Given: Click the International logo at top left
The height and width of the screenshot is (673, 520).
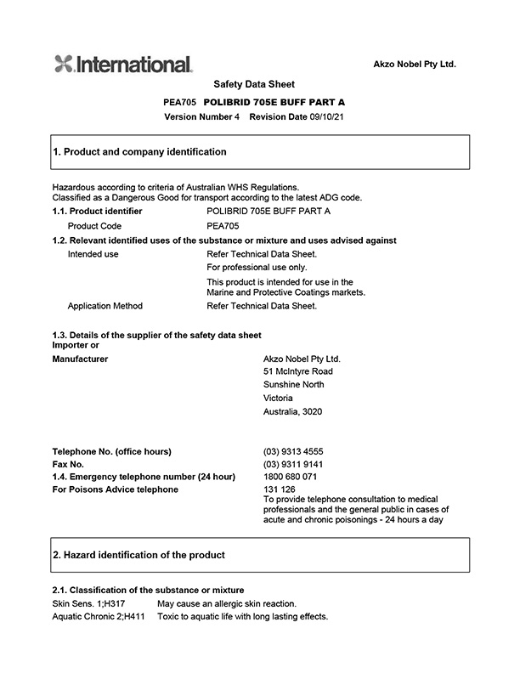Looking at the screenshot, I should pos(123,64).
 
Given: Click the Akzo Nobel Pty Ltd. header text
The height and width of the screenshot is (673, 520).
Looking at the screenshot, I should pos(415,65).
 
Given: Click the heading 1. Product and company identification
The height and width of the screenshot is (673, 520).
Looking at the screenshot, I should pos(140,152).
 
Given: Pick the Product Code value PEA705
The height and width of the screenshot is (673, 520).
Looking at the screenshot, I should pos(223,226).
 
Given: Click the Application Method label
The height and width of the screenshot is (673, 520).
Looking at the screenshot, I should pos(105,306).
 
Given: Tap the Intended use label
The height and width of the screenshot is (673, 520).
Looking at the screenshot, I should pos(93,254).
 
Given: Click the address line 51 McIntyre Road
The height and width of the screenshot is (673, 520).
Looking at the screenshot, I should pos(298,371).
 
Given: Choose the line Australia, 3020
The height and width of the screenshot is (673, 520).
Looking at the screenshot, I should pos(293,412).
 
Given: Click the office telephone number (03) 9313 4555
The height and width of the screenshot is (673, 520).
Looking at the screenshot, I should pos(293,451).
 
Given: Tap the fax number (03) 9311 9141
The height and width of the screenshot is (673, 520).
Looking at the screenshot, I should pos(293,465).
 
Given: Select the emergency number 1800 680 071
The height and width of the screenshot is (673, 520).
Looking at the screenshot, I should pos(291,477).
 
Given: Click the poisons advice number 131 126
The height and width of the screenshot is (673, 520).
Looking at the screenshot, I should pos(280,489).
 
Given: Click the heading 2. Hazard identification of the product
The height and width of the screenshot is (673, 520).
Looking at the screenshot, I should pos(139,555).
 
